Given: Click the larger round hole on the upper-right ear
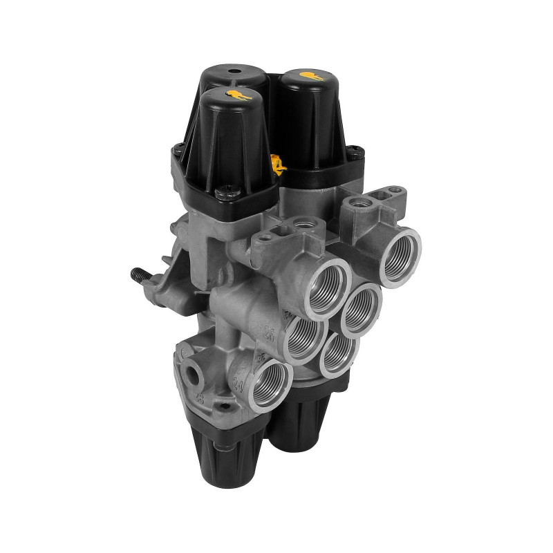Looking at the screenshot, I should pos(358,203).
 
